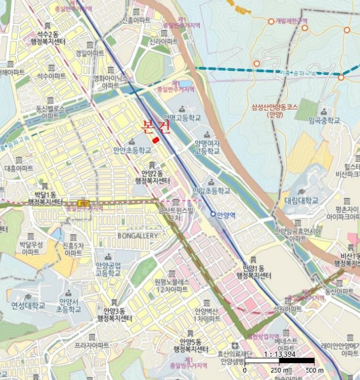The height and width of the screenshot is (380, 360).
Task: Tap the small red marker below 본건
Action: click(x=156, y=140)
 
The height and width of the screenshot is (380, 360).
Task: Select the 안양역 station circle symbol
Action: click(x=213, y=214)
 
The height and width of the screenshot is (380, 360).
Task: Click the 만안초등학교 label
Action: click(x=132, y=150)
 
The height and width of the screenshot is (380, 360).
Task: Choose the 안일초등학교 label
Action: click(x=211, y=191)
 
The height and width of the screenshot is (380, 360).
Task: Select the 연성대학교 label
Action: click(x=28, y=306)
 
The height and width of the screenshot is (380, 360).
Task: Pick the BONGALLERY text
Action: click(x=137, y=236)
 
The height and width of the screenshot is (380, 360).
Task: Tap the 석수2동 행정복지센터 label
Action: click(x=48, y=37)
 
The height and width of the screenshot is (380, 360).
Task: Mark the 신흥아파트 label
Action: click(x=136, y=20)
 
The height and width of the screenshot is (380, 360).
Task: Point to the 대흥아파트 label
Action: click(x=18, y=169)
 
